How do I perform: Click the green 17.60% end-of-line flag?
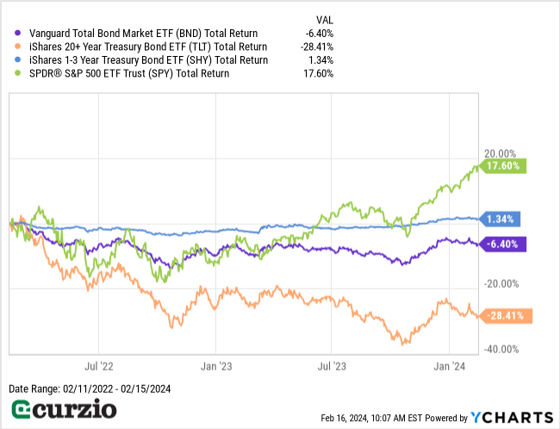point(503,165)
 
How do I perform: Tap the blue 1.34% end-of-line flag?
point(500,219)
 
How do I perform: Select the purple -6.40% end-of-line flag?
point(501,244)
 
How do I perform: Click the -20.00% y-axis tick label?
point(501,284)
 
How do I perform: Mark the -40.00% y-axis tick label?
point(501,349)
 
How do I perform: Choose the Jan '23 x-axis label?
point(215,365)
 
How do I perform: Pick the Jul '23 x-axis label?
point(332,365)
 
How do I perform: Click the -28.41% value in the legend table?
point(317,47)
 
